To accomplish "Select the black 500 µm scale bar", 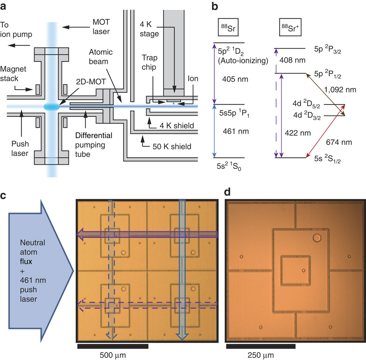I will click(113, 346).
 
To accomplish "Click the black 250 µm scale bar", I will click(260, 346).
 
